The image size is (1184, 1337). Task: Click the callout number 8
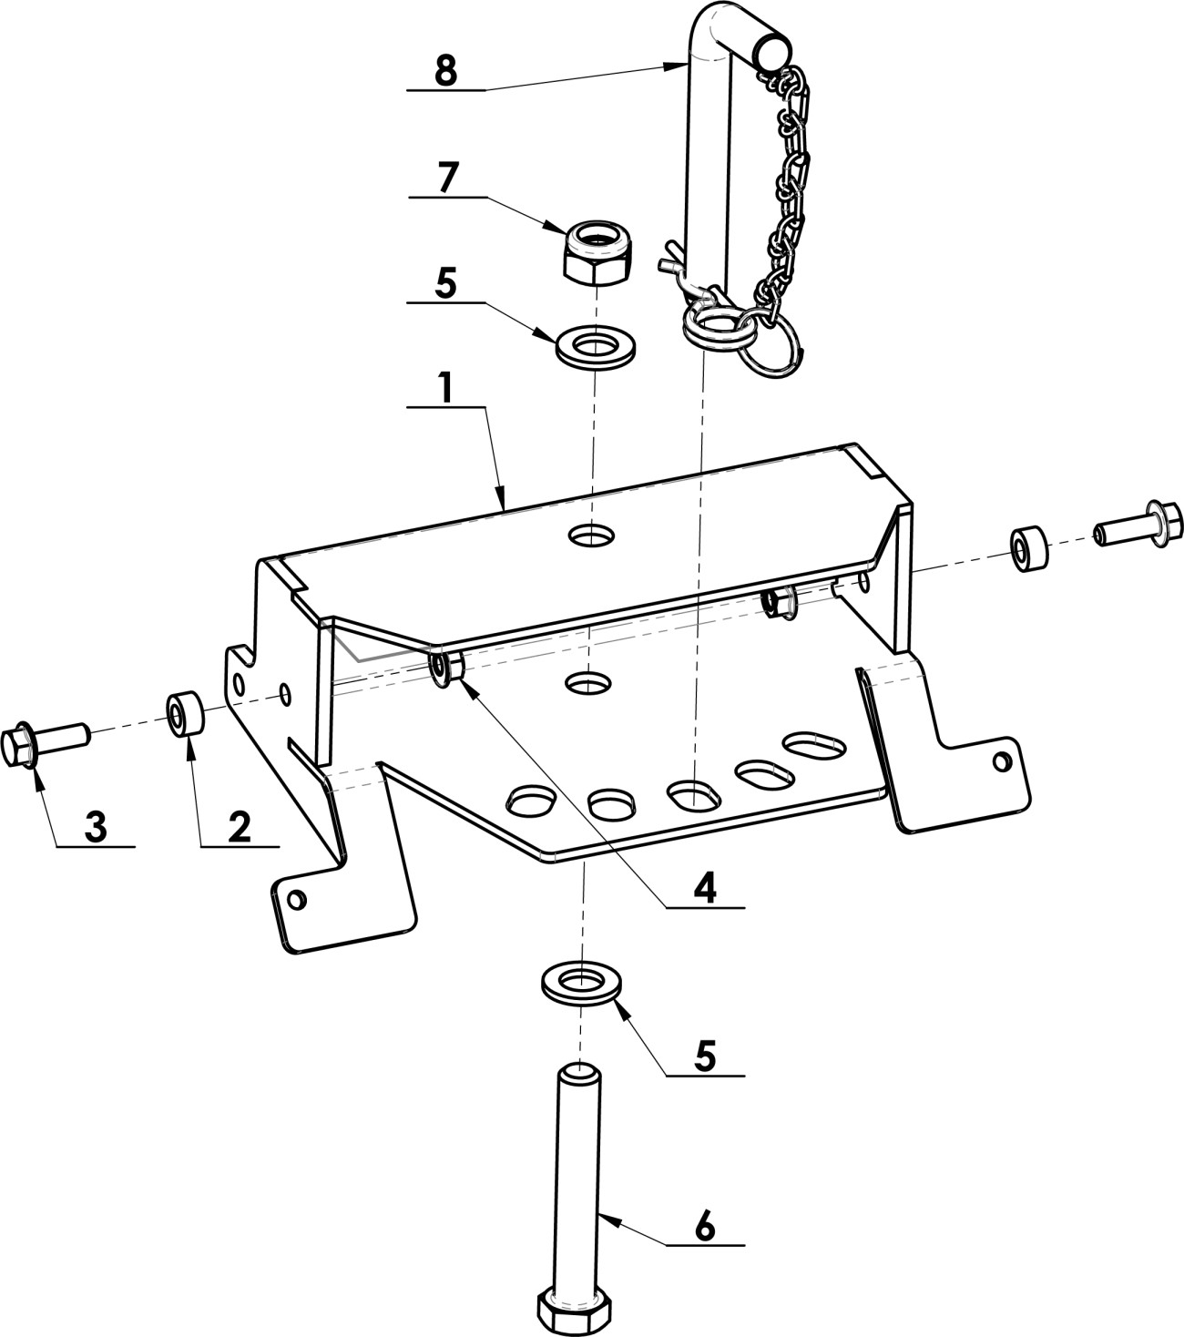coord(446,70)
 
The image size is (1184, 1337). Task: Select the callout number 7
coord(447,177)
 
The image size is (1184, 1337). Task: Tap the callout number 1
coord(447,388)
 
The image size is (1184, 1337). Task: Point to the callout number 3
coord(97,827)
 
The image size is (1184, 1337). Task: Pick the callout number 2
coord(240,827)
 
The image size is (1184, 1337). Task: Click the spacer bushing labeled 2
coord(184,714)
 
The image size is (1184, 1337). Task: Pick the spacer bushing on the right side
coord(1029,548)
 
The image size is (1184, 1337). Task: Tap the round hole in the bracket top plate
coord(591,536)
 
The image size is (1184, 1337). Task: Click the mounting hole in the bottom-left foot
coord(298,899)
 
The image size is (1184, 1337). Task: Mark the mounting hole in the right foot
coord(1003,762)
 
